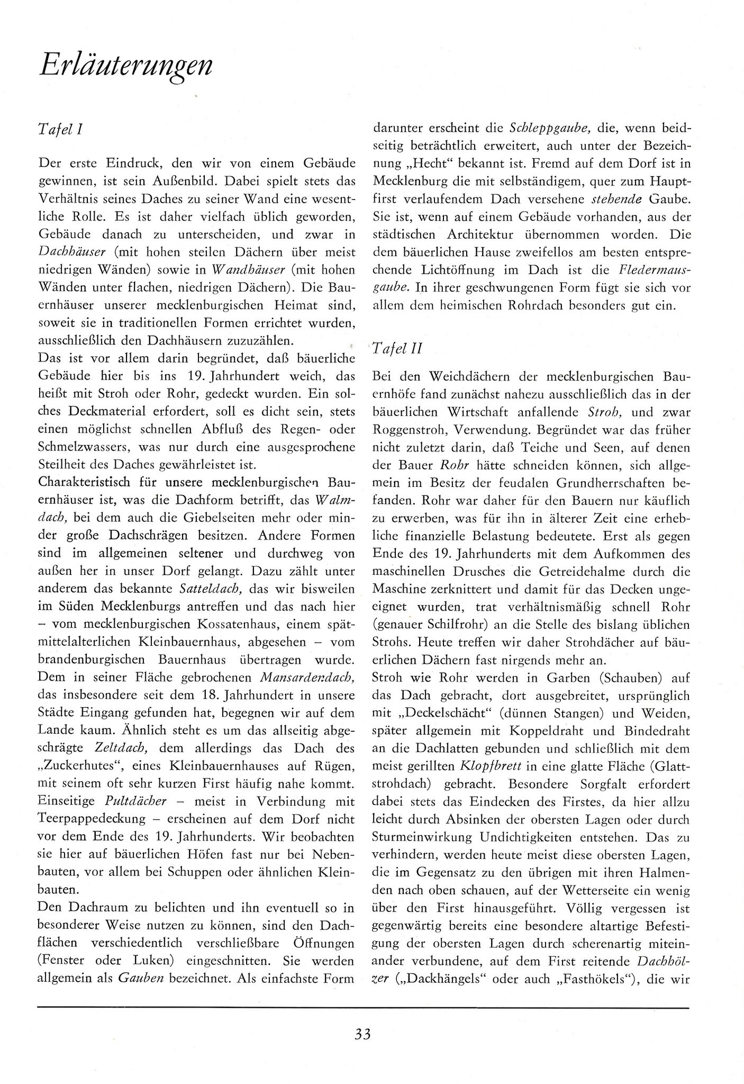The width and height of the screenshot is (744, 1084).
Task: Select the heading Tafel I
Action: point(59,129)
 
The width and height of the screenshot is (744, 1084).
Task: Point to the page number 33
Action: point(363,1046)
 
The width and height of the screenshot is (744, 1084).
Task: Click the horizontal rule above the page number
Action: point(363,1008)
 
